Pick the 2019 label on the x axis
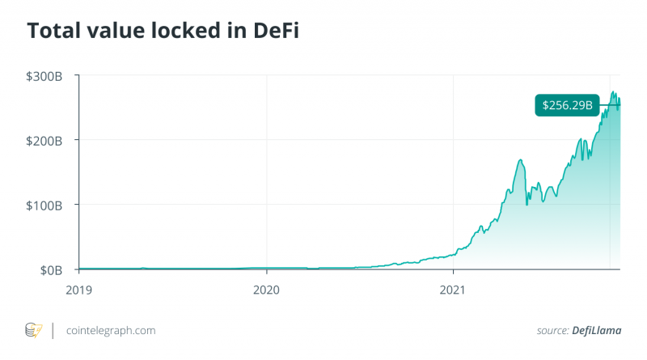[x=79, y=287]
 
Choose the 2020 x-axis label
[x=266, y=287]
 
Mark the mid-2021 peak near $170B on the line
[x=520, y=160]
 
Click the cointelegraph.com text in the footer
[x=111, y=330]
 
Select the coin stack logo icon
[x=33, y=330]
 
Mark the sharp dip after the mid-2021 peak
[x=527, y=204]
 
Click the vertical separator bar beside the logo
[x=53, y=330]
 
